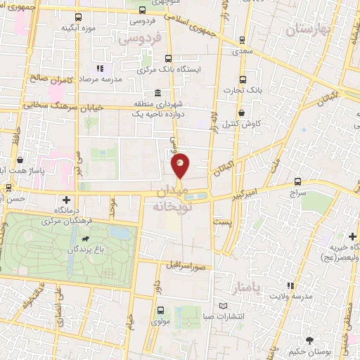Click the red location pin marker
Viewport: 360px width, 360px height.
(181, 165)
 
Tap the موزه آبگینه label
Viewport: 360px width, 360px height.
(78, 28)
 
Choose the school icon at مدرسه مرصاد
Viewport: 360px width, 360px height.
(99, 68)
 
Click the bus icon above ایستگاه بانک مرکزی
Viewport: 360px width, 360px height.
(167, 59)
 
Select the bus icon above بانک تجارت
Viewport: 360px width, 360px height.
(243, 79)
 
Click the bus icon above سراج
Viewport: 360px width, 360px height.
(298, 181)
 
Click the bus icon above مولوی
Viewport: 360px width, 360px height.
(162, 310)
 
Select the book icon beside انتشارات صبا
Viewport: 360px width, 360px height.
(223, 307)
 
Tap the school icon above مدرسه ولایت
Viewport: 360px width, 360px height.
(290, 285)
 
